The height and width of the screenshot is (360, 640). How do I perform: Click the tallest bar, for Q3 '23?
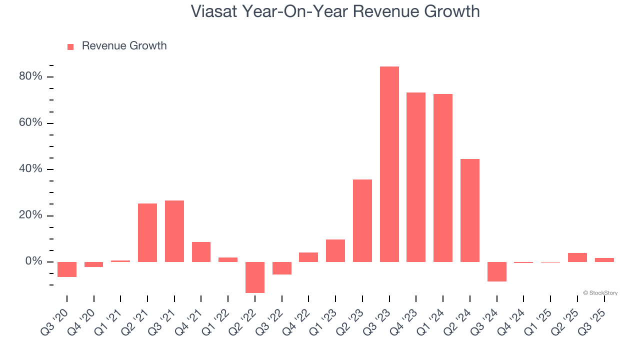pos(389,164)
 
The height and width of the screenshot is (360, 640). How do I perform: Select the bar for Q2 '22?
pos(255,277)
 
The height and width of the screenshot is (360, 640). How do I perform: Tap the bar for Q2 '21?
pos(147,232)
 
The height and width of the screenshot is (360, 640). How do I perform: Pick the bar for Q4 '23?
pos(416,177)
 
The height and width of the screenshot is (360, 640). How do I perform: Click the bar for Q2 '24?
pos(470,210)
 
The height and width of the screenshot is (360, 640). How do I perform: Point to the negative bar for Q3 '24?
pos(496,271)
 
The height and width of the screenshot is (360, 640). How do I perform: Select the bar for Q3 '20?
pos(67,269)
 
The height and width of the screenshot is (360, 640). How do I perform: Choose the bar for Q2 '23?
pos(362,220)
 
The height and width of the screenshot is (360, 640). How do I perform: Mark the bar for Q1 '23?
pos(335,250)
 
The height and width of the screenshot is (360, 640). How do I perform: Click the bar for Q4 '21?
pos(201,252)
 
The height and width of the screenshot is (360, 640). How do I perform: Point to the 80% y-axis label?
pos(30,76)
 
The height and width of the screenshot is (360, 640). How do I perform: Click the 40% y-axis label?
pos(30,169)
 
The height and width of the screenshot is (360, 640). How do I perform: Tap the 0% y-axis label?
pos(33,261)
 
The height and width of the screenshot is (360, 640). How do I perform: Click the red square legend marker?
pos(70,46)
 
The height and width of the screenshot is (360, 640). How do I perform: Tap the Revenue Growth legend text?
pos(124,46)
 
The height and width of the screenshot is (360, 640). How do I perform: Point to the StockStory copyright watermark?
pos(600,293)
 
